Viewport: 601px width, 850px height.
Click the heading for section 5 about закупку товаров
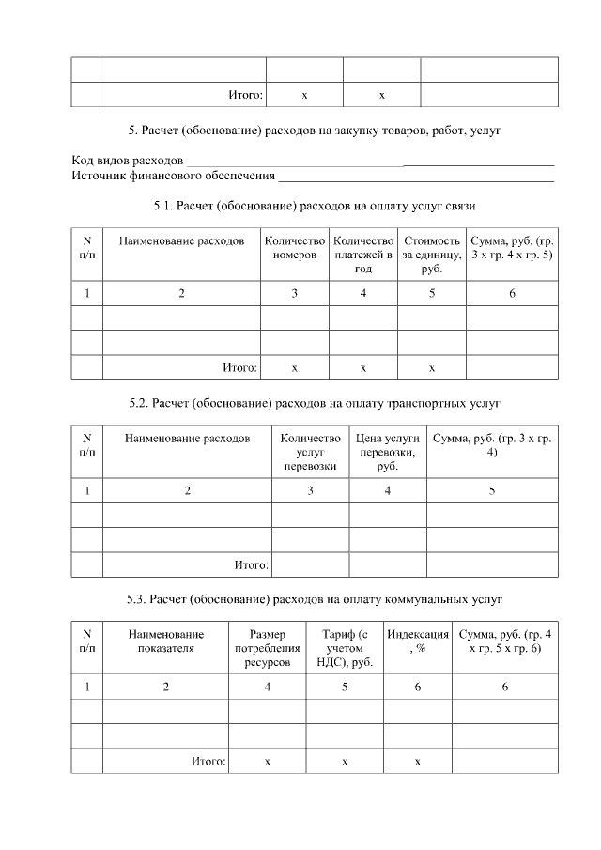coord(315,130)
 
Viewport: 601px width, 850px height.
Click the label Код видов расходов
coord(128,161)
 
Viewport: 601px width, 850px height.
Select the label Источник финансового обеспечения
coord(173,176)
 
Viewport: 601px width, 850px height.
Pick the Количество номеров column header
coord(295,248)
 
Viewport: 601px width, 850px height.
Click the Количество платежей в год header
coord(363,255)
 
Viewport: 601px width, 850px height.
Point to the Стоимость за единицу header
coord(431,255)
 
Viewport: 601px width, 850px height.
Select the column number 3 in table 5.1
coord(295,294)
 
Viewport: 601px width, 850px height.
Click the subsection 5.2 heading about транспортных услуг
coord(315,403)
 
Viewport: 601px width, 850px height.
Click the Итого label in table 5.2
coord(252,564)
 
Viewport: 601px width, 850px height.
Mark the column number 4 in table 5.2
coord(388,490)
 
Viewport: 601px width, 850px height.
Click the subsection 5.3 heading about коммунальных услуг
coord(316,598)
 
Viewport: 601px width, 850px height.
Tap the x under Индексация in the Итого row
coord(418,761)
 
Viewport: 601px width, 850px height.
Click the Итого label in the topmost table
coord(246,95)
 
